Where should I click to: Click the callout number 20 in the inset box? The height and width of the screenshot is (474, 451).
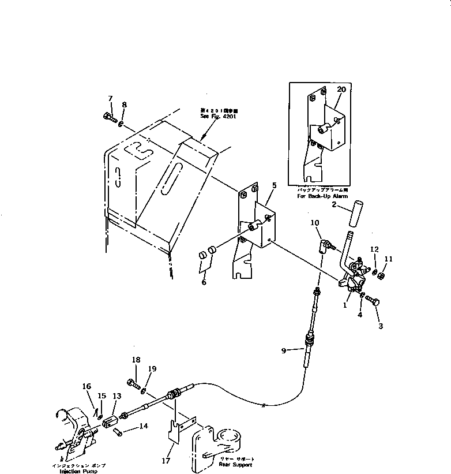point(341,89)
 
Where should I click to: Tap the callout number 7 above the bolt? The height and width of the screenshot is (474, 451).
point(110,98)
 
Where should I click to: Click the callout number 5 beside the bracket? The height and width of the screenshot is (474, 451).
point(274,185)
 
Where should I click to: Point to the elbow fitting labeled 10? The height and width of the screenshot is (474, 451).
point(320,246)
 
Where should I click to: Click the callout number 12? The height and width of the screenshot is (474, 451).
point(374,249)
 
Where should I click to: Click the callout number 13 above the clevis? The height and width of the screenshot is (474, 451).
point(117,396)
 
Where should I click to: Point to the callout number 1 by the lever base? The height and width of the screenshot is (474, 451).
point(344,305)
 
